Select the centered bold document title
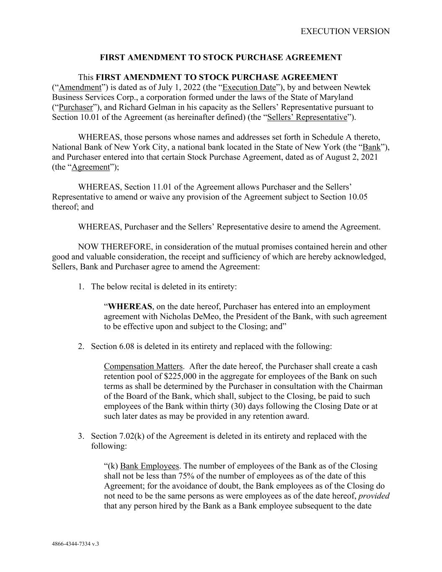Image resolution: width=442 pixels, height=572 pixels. point(221,57)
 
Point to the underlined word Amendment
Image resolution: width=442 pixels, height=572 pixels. point(80,87)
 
